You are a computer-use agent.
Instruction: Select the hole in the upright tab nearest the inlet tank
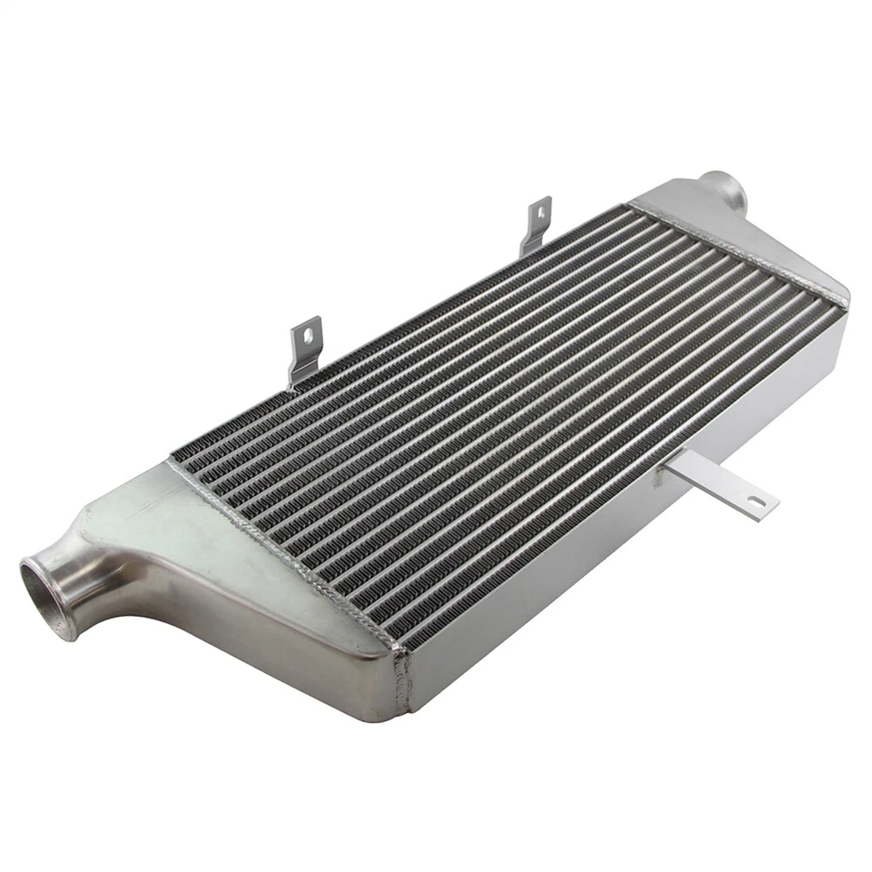click(310, 336)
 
